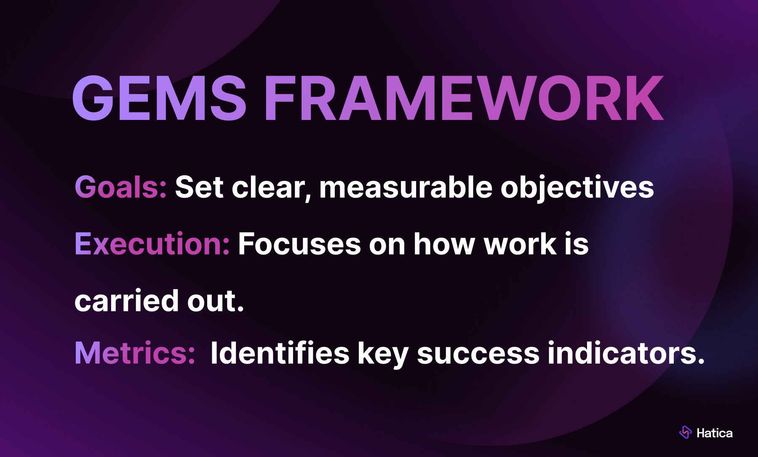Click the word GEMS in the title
[x=160, y=98]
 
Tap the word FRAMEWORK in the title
[x=464, y=98]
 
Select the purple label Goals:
[x=121, y=187]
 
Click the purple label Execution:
[x=152, y=244]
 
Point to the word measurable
[x=406, y=187]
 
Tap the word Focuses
[x=299, y=244]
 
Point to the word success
[x=478, y=354]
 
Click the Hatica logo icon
[x=686, y=432]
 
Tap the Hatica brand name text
[x=715, y=433]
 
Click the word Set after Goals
[x=199, y=187]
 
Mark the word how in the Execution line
[x=444, y=244]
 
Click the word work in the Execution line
[x=520, y=244]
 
